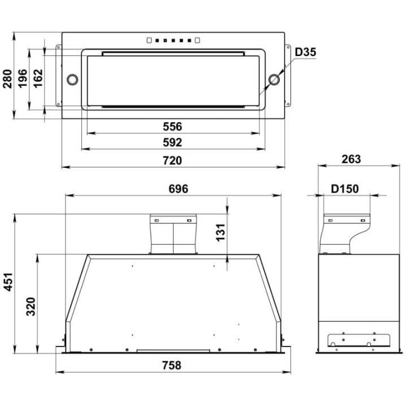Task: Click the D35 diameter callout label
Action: [x=305, y=52]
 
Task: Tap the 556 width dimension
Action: [x=172, y=127]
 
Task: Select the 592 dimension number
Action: [x=172, y=142]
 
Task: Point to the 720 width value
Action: [x=172, y=161]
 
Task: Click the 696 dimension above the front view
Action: [x=178, y=189]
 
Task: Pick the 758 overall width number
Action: [x=172, y=366]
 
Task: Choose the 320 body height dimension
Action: [x=31, y=307]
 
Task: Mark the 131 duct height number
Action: [x=220, y=232]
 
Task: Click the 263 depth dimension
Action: [x=351, y=159]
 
